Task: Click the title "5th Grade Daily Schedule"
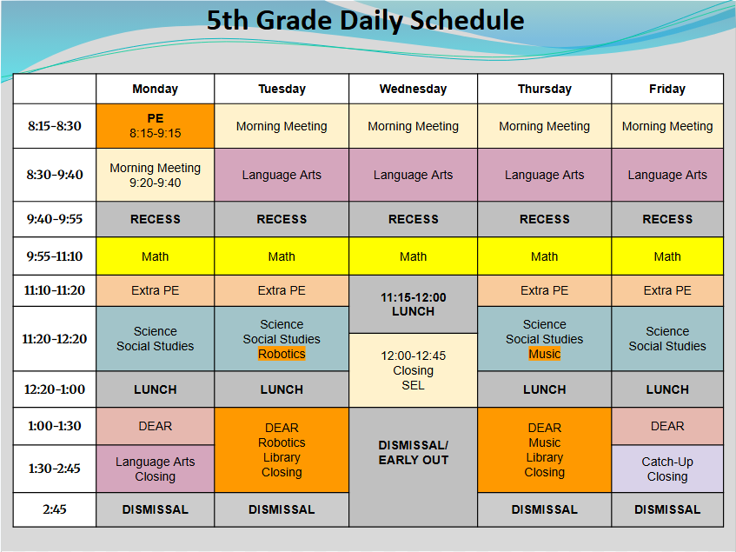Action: click(365, 21)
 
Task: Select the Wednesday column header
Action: click(413, 89)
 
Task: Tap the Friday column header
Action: click(666, 89)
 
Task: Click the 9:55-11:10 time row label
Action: click(55, 256)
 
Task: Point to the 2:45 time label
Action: click(55, 509)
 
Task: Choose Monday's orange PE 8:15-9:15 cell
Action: click(155, 126)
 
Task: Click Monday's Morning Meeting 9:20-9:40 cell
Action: click(155, 175)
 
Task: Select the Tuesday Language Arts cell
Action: click(282, 175)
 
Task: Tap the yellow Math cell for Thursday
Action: click(544, 256)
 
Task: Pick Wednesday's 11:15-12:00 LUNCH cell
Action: click(413, 304)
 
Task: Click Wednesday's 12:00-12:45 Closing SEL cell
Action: click(413, 370)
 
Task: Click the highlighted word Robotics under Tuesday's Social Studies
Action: click(282, 355)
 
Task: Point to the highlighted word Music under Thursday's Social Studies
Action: click(544, 355)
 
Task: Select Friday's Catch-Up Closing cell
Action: click(666, 469)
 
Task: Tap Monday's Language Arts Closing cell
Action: click(155, 469)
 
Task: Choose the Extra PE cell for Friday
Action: click(666, 290)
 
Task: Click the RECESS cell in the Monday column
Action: click(155, 219)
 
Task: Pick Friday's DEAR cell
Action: click(666, 426)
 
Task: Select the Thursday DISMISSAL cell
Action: click(544, 509)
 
